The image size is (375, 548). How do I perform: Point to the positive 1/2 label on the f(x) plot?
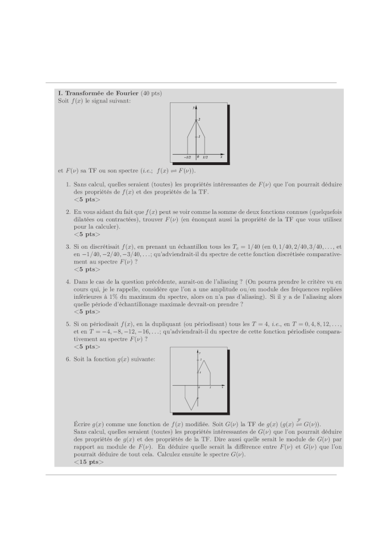(205, 156)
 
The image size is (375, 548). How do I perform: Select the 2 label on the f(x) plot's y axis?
(199, 118)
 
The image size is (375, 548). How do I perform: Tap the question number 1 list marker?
(68, 184)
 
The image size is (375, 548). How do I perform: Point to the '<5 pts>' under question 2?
(86, 234)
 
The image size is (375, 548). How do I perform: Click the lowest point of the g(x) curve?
(192, 409)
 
